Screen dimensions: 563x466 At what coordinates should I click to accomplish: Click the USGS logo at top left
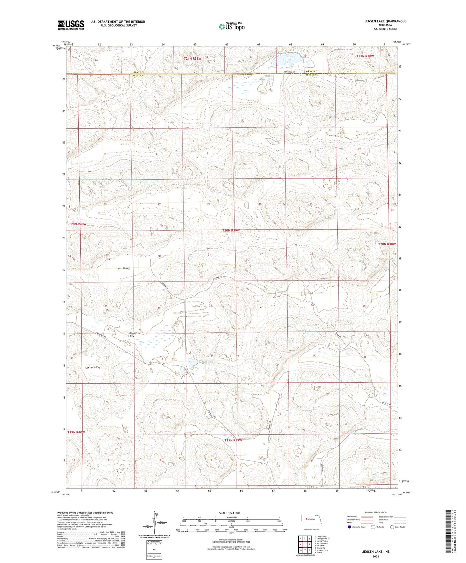coord(71,25)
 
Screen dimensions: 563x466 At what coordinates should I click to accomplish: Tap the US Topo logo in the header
coord(231,26)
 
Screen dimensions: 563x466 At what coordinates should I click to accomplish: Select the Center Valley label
coord(93,367)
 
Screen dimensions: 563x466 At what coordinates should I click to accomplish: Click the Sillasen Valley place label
coord(130,334)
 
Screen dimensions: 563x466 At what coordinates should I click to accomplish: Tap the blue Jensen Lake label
coord(206,362)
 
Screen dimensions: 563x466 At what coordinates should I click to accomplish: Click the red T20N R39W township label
coord(231,231)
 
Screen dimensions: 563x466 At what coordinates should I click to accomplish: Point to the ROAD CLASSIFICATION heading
coord(376,512)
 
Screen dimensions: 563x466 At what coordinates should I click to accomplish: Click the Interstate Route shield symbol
coord(350,527)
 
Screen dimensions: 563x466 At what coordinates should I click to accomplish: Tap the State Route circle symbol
coord(392,527)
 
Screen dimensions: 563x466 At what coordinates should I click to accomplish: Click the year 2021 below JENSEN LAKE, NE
coord(376,556)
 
